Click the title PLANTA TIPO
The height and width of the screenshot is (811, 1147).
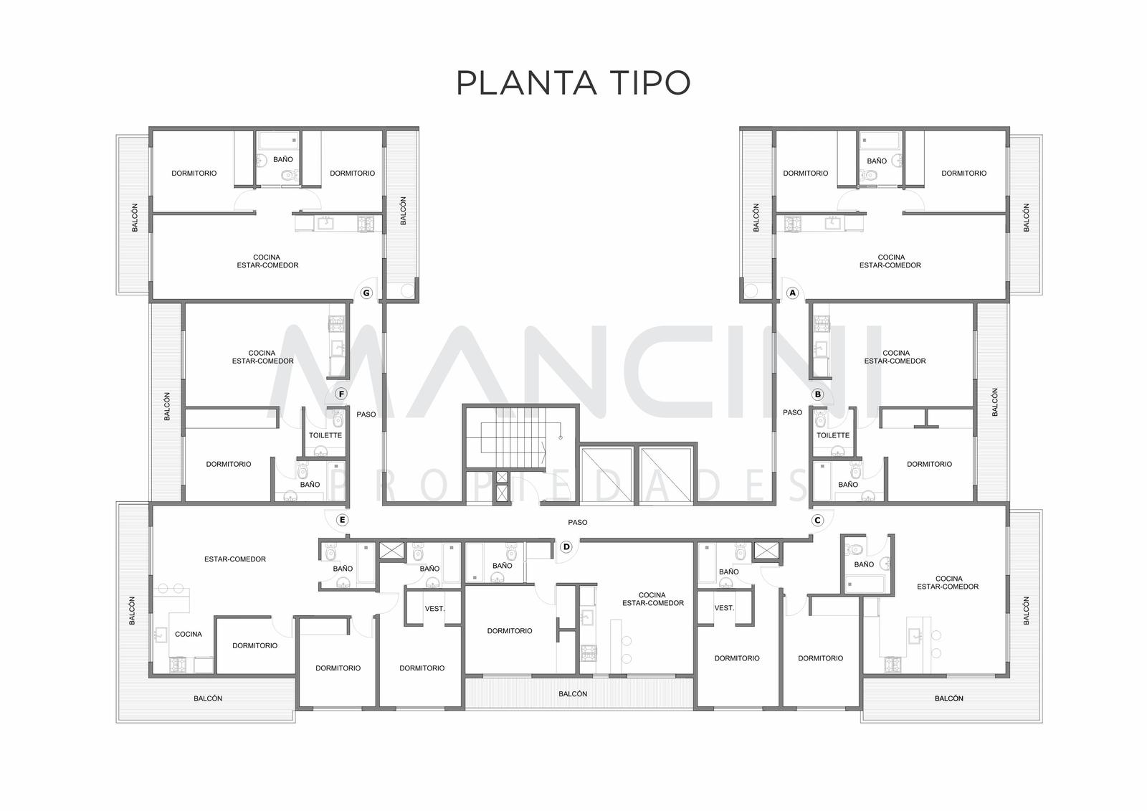tap(573, 82)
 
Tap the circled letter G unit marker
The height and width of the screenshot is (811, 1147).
tap(366, 293)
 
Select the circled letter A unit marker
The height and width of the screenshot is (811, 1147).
tap(793, 293)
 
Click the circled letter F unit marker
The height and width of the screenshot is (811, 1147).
tap(341, 394)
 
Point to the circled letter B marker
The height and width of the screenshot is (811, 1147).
tap(818, 394)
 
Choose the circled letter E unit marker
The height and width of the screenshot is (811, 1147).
tap(342, 520)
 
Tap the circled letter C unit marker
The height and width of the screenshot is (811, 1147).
tap(818, 520)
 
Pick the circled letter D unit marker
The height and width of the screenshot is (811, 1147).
tap(566, 546)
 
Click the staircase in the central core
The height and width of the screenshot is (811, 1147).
tap(513, 437)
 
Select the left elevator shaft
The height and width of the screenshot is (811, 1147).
tap(606, 475)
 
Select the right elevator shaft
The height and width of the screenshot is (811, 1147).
tap(666, 475)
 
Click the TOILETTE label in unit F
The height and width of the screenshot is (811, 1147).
tap(325, 435)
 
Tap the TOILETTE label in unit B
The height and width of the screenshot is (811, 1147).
tap(832, 435)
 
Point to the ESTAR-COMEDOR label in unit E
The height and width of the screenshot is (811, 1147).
tap(235, 559)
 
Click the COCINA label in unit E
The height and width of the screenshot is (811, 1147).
tap(189, 634)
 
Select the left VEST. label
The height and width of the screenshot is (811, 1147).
tap(434, 608)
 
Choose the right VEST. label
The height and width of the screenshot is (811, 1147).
tap(724, 607)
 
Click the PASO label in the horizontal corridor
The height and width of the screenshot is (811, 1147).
tap(578, 522)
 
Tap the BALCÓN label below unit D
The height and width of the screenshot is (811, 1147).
tap(573, 693)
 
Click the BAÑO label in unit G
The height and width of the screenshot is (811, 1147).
tap(282, 158)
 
